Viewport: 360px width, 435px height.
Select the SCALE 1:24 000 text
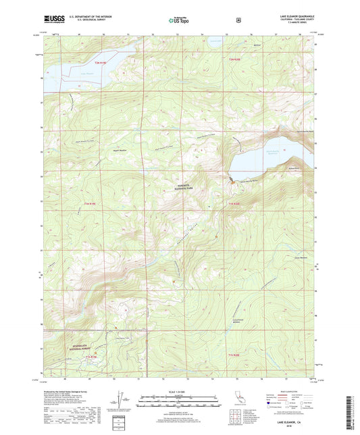click(180, 390)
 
